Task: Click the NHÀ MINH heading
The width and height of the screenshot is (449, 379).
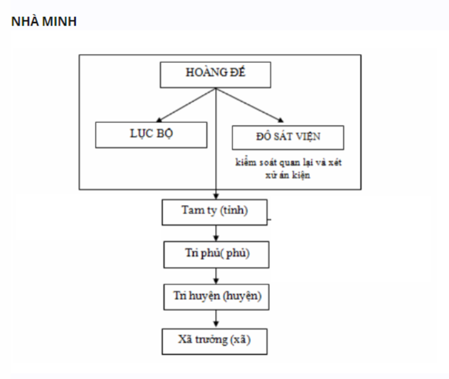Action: point(44,21)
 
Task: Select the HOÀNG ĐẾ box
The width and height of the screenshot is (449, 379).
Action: point(215,74)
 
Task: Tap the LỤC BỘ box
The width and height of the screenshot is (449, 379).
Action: point(151,135)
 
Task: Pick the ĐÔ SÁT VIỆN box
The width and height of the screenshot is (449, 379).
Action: point(288,137)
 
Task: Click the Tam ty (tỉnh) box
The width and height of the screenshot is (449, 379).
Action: point(214,211)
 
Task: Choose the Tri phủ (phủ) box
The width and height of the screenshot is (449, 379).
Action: point(216,254)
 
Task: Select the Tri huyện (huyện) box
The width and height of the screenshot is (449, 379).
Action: point(216,297)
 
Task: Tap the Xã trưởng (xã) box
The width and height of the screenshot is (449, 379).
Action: point(214,340)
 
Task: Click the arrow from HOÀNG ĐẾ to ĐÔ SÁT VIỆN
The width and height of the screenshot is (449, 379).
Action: point(249,104)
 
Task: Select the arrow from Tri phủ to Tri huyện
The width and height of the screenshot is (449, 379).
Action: point(216,275)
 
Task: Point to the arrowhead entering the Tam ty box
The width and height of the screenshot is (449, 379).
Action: point(216,196)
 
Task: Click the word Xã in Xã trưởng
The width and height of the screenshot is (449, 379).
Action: point(185,340)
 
